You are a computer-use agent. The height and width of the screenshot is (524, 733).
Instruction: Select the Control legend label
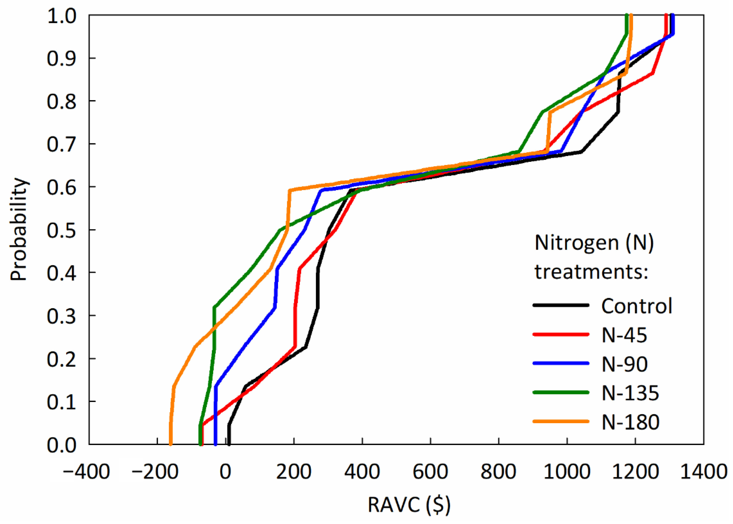pyautogui.click(x=636, y=306)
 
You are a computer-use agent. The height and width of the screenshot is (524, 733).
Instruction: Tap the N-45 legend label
pyautogui.click(x=624, y=335)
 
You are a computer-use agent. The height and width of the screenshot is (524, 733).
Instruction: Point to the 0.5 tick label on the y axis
pyautogui.click(x=62, y=230)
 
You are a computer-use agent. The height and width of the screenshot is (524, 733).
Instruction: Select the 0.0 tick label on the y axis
pyautogui.click(x=62, y=445)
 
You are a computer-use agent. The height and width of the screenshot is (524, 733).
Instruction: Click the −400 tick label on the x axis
pyautogui.click(x=86, y=472)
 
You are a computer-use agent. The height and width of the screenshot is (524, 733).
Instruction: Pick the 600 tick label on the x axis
pyautogui.click(x=430, y=472)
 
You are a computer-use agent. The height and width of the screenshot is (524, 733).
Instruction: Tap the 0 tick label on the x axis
pyautogui.click(x=225, y=472)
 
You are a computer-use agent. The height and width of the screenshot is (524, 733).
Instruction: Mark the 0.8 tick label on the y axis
pyautogui.click(x=62, y=101)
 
